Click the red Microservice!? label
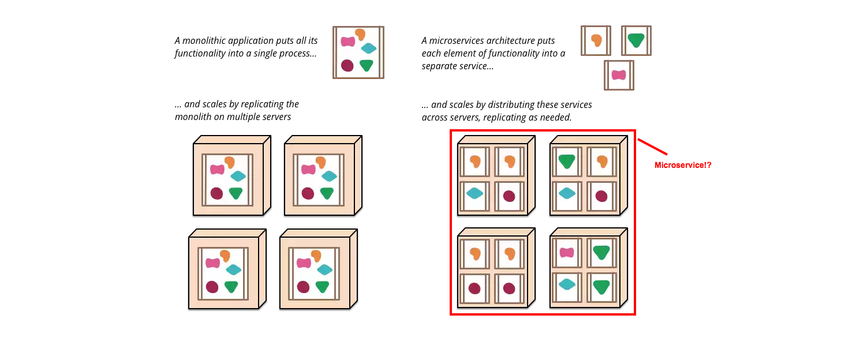[683, 165]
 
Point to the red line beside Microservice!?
[652, 147]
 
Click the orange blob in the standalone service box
[596, 40]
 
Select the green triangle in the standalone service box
[636, 40]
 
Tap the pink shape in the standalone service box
[619, 75]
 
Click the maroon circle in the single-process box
[347, 65]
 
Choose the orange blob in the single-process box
[361, 35]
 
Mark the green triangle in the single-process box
[366, 65]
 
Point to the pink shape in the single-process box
[347, 42]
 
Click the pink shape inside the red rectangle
[567, 252]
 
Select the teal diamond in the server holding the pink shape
[567, 284]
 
